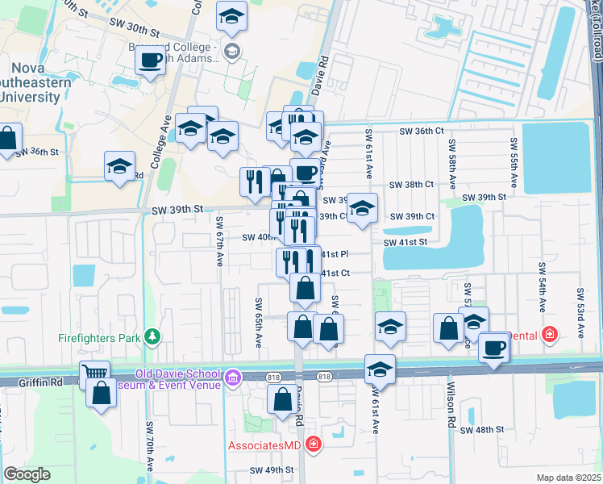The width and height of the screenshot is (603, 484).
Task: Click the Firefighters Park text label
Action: tap(99, 337)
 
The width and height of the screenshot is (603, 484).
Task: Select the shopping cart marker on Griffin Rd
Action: tap(94, 374)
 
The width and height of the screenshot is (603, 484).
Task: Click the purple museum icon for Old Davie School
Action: tap(232, 377)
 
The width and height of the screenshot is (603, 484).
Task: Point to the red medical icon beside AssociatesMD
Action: tap(314, 444)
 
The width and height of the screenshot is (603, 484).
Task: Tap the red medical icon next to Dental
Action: tap(550, 333)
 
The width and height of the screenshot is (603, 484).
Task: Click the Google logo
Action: tap(27, 474)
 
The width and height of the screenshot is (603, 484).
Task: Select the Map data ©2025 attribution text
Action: tap(568, 478)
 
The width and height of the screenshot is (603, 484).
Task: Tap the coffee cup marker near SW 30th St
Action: tap(151, 59)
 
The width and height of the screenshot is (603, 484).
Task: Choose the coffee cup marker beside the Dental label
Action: tap(493, 348)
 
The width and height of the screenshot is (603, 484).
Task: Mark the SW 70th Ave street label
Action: tap(149, 446)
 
